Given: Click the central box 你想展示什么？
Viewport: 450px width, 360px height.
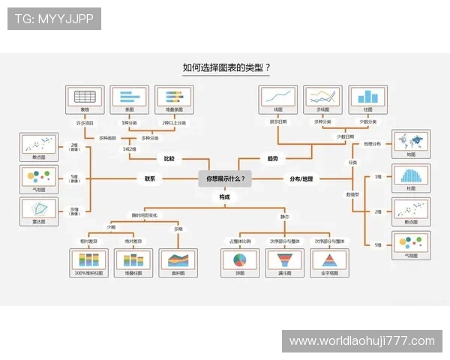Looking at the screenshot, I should click(x=226, y=178).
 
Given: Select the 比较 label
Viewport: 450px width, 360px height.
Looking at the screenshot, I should click(x=169, y=159).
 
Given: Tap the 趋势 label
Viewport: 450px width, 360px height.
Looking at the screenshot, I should click(x=272, y=159).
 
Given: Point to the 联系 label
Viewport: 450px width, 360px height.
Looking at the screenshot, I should click(x=150, y=178).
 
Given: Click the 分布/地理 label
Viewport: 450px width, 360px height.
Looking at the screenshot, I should click(x=301, y=178).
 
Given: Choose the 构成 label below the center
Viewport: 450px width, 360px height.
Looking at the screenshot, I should click(x=225, y=196).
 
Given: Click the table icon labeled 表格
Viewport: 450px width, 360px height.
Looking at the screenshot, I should click(x=84, y=97).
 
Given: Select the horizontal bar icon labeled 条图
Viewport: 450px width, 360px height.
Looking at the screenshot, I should click(x=129, y=97).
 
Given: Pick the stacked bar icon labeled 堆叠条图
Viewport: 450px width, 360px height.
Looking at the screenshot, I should click(x=174, y=97).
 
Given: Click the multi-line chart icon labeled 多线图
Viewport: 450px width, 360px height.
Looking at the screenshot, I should click(x=322, y=97).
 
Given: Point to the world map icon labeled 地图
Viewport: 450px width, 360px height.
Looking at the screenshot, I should click(x=411, y=140).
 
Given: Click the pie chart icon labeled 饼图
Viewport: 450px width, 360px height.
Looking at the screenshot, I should click(x=240, y=259).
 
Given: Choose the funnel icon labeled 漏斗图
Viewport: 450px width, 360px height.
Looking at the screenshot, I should click(x=285, y=259).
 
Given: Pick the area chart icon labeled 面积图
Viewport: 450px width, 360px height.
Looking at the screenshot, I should click(x=178, y=259).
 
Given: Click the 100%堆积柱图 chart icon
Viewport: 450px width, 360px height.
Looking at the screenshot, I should click(x=89, y=259).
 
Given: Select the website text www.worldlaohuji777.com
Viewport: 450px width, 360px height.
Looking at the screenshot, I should click(x=362, y=341).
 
